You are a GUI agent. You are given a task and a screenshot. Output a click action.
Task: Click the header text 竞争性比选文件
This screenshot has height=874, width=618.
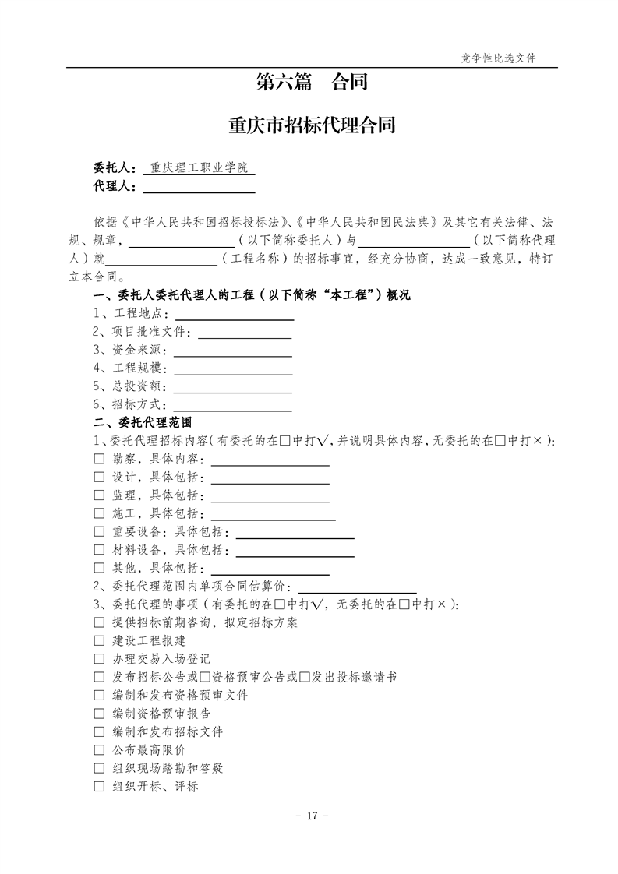coord(499,58)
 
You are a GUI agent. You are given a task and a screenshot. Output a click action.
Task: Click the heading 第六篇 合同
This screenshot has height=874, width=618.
coord(312,82)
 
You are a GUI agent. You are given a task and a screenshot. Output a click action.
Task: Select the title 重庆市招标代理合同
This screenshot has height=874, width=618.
coord(312,125)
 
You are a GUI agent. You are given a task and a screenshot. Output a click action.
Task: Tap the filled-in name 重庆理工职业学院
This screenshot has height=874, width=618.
coord(199,167)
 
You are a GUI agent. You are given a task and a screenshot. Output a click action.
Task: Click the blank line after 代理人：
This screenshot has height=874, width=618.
coord(199,187)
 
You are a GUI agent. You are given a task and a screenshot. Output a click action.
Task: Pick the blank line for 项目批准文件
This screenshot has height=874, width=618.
coord(245,333)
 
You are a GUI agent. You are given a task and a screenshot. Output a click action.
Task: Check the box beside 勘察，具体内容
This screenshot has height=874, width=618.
coord(99,460)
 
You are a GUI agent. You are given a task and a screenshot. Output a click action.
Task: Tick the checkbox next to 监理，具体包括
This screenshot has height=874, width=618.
coord(99,495)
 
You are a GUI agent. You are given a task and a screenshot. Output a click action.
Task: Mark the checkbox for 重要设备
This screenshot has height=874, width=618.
coord(99,532)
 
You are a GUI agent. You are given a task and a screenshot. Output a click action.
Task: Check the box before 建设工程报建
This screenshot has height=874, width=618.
coord(99,641)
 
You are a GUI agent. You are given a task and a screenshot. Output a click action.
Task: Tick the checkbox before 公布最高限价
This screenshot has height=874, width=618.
coord(99,750)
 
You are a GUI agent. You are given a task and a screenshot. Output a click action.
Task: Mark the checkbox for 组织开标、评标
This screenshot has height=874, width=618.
coord(99,787)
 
